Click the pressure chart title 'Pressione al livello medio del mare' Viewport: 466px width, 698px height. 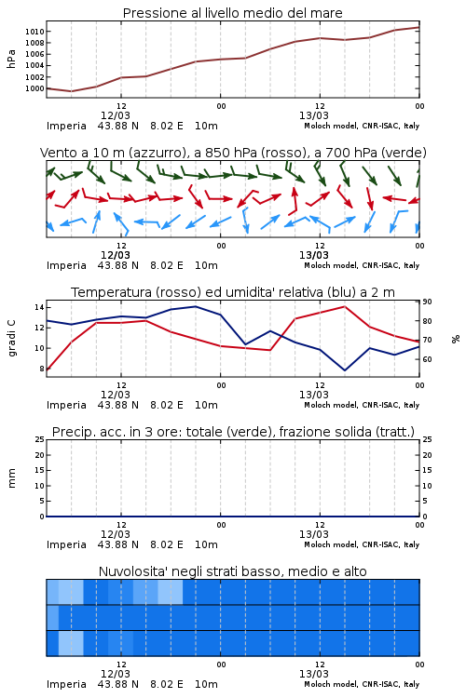click(232, 13)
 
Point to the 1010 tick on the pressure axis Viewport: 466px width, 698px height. click(34, 32)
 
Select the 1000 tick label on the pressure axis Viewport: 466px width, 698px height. click(34, 88)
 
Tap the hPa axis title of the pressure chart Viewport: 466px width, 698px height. click(11, 59)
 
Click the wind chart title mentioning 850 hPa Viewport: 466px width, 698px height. click(233, 153)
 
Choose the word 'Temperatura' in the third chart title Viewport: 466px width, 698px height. click(112, 292)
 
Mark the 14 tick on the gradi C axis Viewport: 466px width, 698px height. click(39, 308)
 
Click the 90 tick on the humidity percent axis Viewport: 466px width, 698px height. click(427, 302)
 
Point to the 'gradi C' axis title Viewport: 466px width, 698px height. click(11, 338)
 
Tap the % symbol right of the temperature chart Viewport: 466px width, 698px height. click(456, 339)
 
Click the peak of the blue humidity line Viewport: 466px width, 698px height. click(196, 306)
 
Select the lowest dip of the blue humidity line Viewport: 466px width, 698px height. click(344, 370)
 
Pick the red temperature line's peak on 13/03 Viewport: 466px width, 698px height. click(344, 306)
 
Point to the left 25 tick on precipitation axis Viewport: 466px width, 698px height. click(39, 440)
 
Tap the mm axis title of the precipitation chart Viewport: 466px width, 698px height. click(11, 478)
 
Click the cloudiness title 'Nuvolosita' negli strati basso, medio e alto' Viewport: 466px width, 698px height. click(232, 571)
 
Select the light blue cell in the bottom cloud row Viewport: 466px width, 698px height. click(71, 643)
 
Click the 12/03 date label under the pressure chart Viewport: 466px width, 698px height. click(115, 115)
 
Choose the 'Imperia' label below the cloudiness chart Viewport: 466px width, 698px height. click(66, 684)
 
